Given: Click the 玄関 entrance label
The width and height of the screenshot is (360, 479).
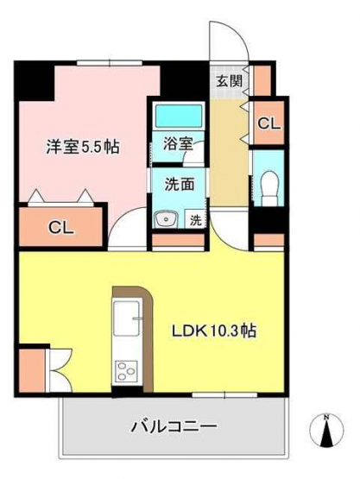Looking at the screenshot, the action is coord(230,81).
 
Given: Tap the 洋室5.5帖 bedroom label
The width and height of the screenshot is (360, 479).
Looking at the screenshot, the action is coord(83,147).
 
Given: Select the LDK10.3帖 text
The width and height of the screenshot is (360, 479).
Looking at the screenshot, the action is coord(214,331).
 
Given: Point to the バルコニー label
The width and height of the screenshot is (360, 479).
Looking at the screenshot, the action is coord(174,425).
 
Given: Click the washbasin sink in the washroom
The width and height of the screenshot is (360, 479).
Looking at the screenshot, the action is coord(166,219).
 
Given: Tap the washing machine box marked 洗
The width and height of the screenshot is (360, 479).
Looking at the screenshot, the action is coord(196,220).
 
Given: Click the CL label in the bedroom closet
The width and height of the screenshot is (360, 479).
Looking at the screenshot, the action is coord(61,228).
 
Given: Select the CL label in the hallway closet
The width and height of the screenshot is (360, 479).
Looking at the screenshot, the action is coord(268,123).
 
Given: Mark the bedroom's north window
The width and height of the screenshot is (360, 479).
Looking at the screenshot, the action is coord(110,63).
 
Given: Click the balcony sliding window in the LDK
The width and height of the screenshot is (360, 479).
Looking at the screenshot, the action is coord(224,395).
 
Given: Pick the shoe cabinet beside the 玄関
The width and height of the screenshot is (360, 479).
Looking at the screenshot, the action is coord(262,80).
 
